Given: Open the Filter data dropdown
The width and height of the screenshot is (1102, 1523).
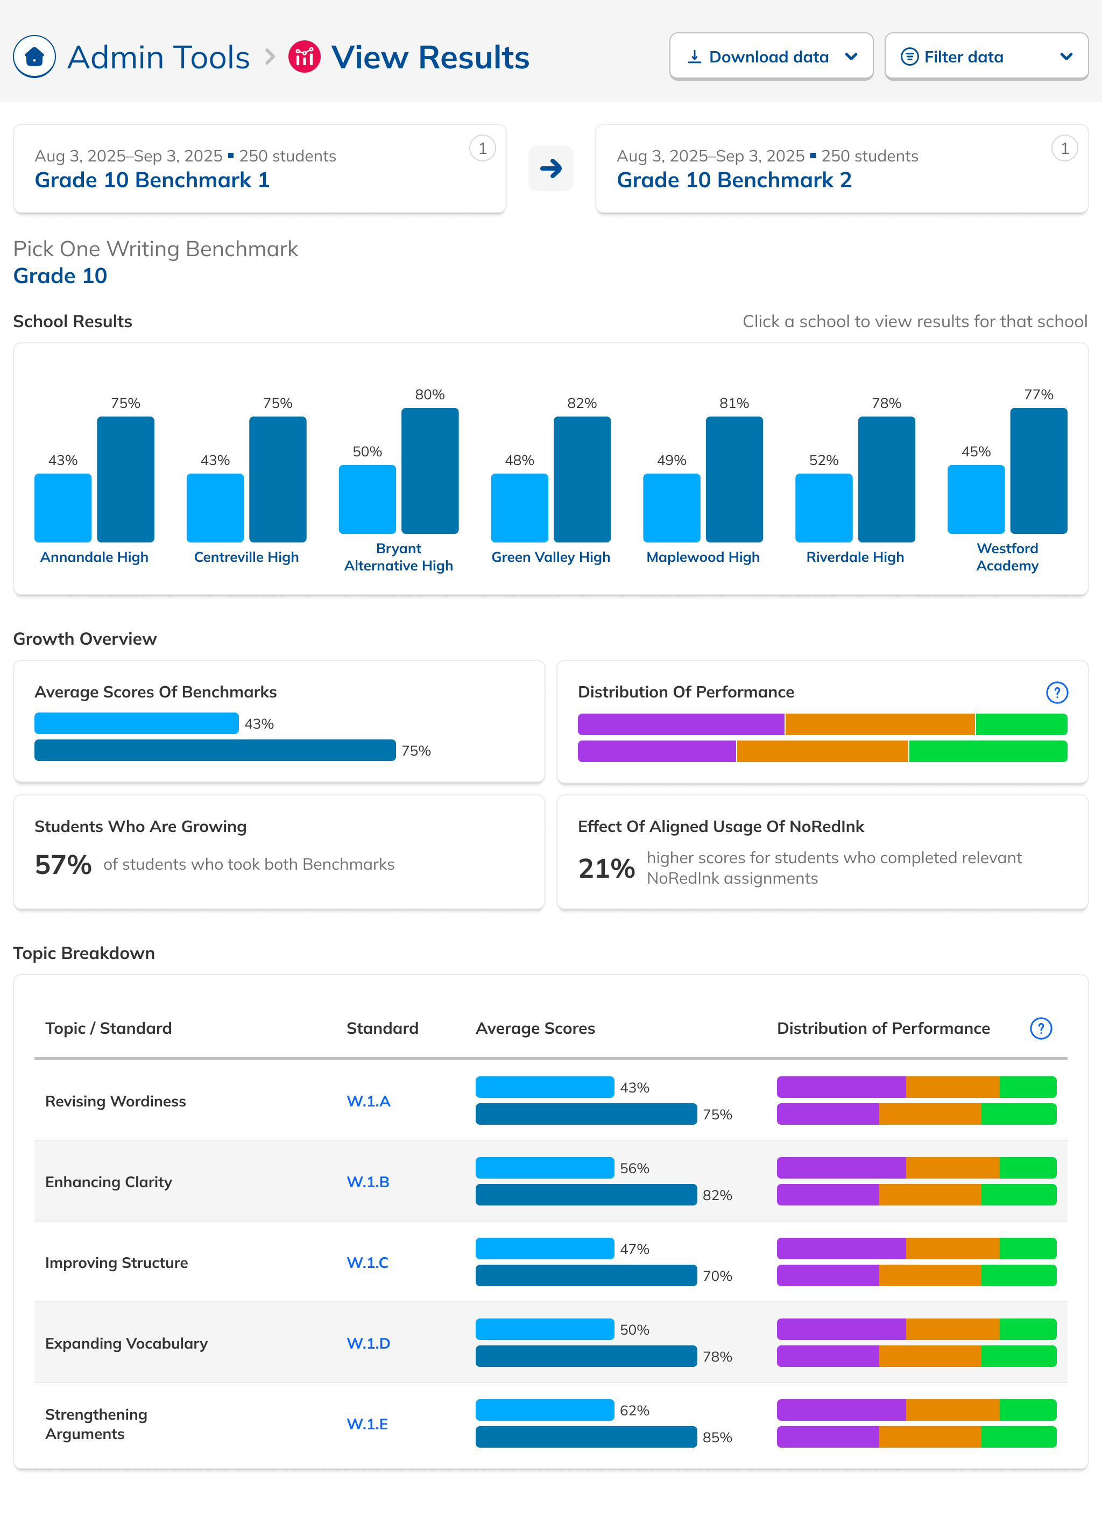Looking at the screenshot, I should click(x=985, y=57).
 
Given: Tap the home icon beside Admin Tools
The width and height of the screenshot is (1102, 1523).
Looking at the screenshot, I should click(x=34, y=57).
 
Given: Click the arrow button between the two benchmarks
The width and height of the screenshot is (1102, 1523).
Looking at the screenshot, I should click(x=550, y=168).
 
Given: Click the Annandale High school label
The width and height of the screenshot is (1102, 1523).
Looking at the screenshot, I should click(x=94, y=558).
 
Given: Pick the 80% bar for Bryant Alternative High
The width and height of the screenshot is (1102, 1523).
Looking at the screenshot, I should click(x=430, y=471).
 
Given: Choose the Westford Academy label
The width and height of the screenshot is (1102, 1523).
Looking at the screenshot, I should click(x=1007, y=558).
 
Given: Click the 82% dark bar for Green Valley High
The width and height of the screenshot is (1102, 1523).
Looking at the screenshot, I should click(x=582, y=480).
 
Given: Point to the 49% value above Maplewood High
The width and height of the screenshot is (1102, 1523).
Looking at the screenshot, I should click(x=672, y=460).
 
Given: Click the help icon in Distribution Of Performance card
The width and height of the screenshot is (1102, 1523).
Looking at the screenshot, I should click(x=1056, y=692).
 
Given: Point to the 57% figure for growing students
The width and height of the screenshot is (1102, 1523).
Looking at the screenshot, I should click(x=63, y=865).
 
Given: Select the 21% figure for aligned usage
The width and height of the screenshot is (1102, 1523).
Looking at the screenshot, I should click(x=606, y=868).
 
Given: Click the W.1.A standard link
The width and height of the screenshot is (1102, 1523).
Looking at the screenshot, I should click(x=368, y=1101).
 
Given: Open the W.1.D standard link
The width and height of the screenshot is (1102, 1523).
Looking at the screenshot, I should click(x=368, y=1343).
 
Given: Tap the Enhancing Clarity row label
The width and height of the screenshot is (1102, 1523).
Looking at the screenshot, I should click(x=109, y=1182).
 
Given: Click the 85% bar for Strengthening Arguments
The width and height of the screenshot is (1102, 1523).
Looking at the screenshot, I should click(x=585, y=1437).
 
